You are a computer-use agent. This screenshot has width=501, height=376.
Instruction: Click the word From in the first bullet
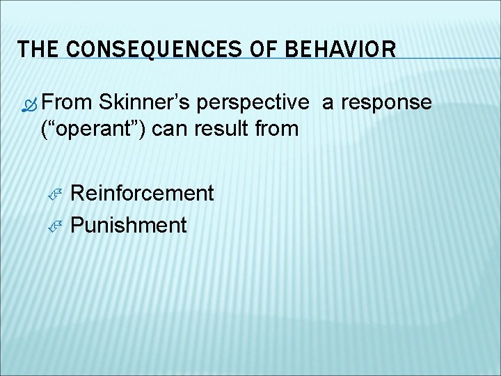click(x=67, y=102)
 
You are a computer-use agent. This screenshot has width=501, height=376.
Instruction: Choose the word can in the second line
click(x=170, y=130)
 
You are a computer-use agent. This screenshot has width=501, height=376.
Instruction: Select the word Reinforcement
click(x=142, y=193)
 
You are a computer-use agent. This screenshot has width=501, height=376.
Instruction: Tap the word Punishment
click(x=129, y=225)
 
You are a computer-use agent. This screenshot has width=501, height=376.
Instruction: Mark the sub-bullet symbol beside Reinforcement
click(x=57, y=194)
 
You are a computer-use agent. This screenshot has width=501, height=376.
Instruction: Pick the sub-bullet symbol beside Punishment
click(x=57, y=225)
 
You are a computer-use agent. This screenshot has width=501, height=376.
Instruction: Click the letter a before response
click(x=328, y=104)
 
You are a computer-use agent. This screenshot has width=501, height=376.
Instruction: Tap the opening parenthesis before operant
click(x=45, y=130)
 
